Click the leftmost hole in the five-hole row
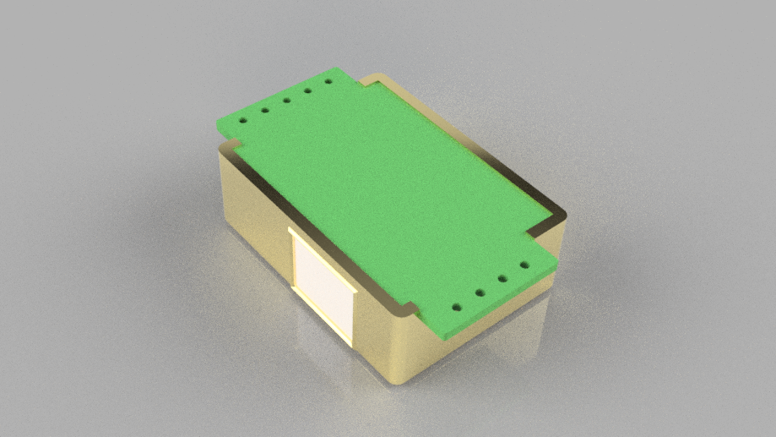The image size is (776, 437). click(243, 120)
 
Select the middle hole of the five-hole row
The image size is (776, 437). click(287, 101)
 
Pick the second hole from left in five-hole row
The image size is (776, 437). click(265, 110)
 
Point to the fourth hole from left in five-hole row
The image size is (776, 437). click(308, 91)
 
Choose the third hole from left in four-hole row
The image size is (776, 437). click(502, 279)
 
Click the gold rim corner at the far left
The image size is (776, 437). click(221, 148)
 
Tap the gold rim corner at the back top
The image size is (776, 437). click(377, 76)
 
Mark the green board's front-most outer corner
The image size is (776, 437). click(441, 336)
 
